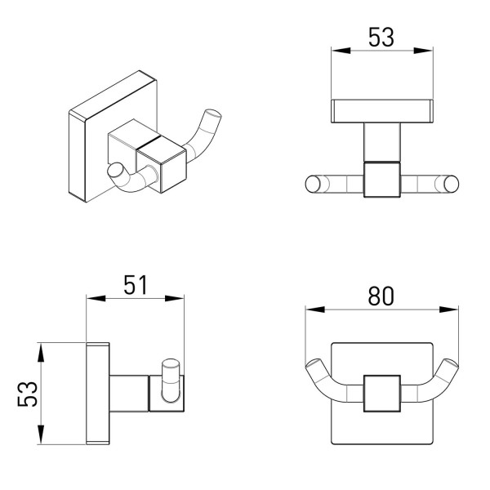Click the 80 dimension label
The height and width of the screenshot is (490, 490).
click(x=381, y=296)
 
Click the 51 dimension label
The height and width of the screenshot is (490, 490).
click(x=136, y=285)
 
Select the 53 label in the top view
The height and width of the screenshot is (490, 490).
click(x=381, y=37)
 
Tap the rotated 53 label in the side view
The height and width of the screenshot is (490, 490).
click(x=28, y=394)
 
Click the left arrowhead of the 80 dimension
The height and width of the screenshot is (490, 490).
click(x=315, y=310)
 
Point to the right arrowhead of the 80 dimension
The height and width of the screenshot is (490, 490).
click(x=448, y=310)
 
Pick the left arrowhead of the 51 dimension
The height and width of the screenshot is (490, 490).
click(x=96, y=298)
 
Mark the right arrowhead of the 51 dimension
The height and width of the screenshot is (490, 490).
click(x=175, y=298)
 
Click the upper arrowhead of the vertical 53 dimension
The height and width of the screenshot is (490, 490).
click(x=40, y=353)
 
